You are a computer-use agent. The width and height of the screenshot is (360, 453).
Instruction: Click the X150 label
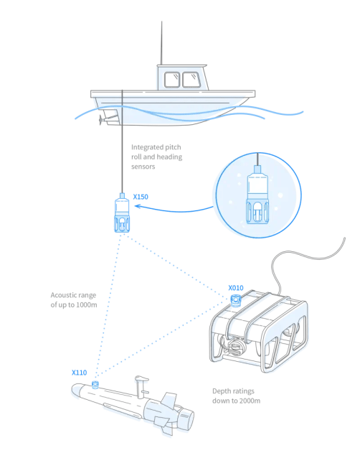coord(141,197)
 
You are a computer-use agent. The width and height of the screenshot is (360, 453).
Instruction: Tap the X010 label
coord(236,288)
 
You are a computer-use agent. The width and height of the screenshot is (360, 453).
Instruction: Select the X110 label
coord(80,373)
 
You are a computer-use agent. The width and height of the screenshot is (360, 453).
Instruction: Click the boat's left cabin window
coord(172,80)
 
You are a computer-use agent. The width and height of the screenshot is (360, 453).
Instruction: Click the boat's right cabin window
coord(191,80)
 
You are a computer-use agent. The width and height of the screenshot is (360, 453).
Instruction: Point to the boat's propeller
coord(100,119)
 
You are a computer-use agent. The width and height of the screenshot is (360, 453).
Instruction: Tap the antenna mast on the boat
coord(161,43)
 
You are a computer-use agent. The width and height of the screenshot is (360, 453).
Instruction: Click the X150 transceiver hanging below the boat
coord(122,213)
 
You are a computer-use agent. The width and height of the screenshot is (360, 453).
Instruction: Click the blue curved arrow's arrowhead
coord(138,206)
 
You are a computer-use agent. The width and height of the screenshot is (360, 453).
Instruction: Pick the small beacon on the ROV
coord(235,300)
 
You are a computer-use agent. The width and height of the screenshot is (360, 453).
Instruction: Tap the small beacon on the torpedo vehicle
coord(95,385)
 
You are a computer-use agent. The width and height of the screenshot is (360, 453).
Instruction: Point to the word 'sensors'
coord(143,167)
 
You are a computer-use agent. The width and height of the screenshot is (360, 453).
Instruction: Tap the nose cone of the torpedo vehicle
coord(76,390)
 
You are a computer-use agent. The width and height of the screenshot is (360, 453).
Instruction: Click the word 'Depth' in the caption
coord(222,391)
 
